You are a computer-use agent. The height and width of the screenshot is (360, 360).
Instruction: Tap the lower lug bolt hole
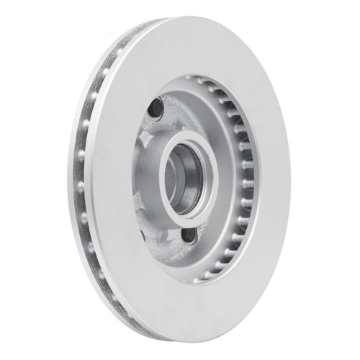tap(189, 235)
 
